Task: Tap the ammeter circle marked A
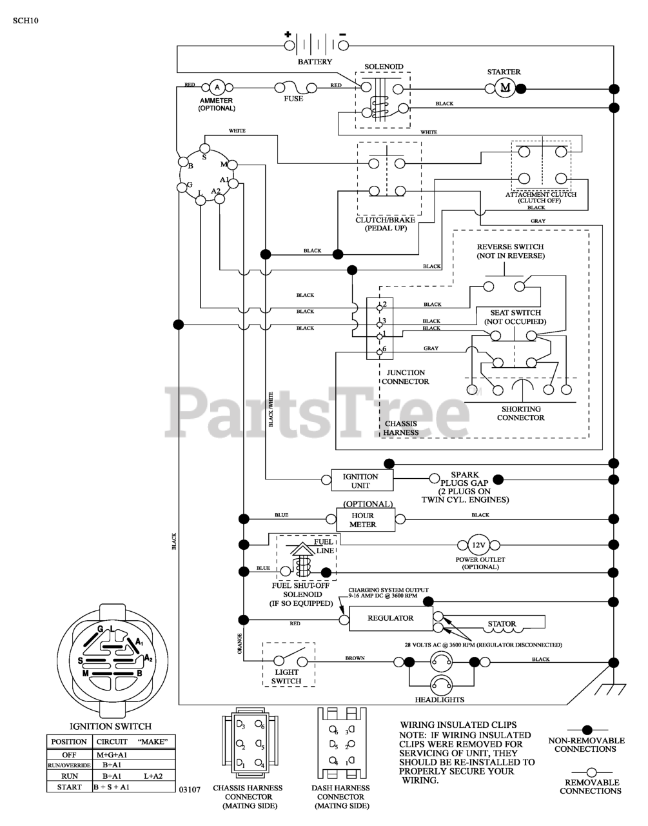[217, 87]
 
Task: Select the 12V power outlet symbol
[478, 545]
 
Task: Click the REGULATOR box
[391, 618]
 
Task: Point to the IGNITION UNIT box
[362, 481]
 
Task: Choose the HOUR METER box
[366, 519]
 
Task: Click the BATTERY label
[315, 61]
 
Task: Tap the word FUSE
[293, 99]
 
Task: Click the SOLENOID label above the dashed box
[384, 66]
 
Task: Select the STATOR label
[502, 624]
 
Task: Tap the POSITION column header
[69, 741]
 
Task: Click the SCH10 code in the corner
[25, 21]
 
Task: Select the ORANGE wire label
[240, 643]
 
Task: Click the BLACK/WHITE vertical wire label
[271, 409]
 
